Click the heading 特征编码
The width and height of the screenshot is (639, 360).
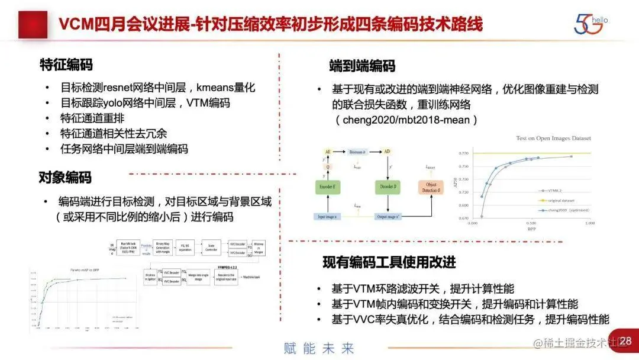pyautogui.click(x=66, y=65)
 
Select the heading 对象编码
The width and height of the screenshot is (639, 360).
pyautogui.click(x=65, y=176)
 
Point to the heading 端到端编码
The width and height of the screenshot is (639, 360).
pyautogui.click(x=362, y=66)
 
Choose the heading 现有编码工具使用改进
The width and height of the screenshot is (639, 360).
pyautogui.click(x=389, y=262)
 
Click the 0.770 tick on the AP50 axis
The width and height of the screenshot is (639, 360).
pyautogui.click(x=464, y=153)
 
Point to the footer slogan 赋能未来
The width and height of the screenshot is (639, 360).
pyautogui.click(x=319, y=348)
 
